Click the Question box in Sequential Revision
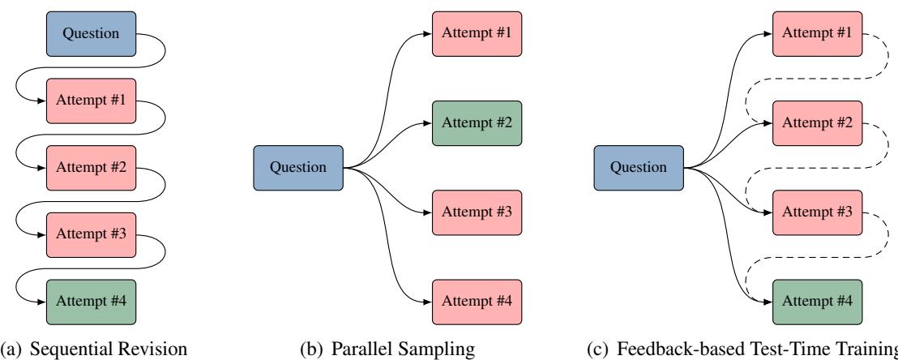[x=92, y=34]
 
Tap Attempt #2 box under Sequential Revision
[x=92, y=168]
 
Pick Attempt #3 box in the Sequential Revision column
[x=92, y=235]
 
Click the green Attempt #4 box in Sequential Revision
[x=92, y=302]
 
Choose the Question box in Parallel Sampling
[x=299, y=168]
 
